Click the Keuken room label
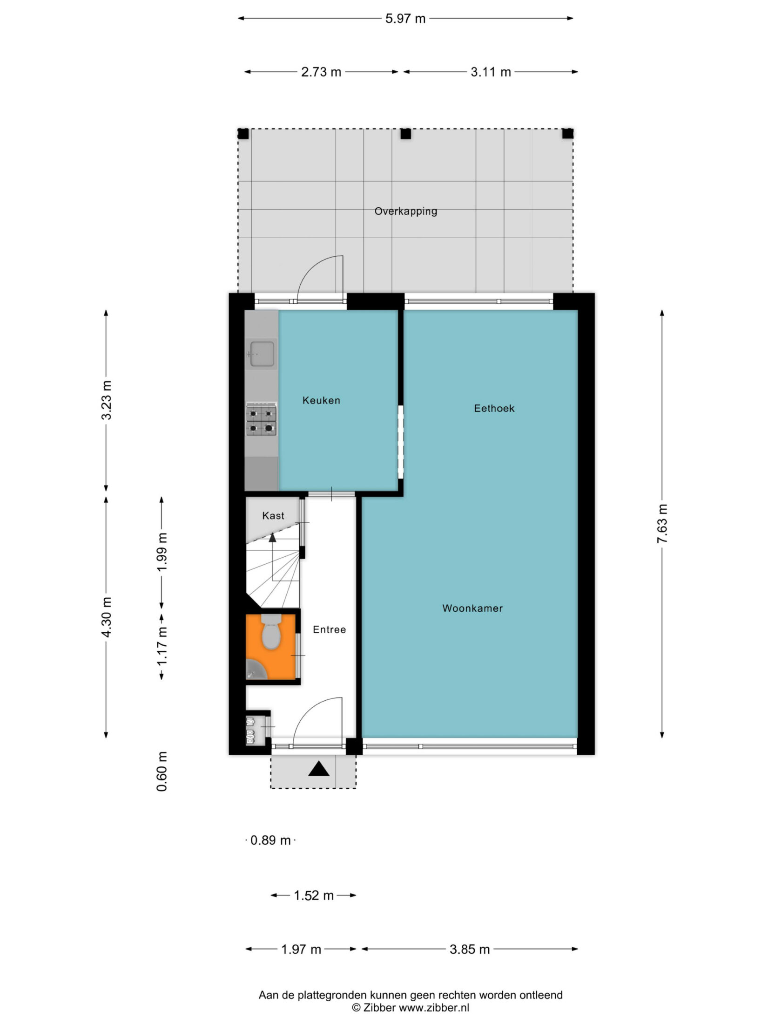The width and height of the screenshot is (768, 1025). coord(321,400)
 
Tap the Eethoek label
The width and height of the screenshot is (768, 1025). coord(494,408)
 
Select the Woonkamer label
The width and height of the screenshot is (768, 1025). coord(472,608)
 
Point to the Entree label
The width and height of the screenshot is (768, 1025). coord(329,629)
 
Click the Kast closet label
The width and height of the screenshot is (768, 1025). coord(273,516)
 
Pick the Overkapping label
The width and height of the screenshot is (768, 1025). coord(406,211)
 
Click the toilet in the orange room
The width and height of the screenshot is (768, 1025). coord(271,632)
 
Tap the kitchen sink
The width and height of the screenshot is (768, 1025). coord(262,354)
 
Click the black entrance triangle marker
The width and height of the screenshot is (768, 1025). coord(319,769)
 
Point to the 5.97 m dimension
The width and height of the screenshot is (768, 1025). coord(405,19)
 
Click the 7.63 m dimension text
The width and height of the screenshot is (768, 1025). coord(662,524)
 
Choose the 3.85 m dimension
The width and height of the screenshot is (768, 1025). coord(470,949)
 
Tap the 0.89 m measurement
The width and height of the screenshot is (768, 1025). coord(270,840)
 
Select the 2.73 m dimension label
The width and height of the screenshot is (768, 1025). coord(321,72)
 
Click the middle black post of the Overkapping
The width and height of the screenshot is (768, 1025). coord(406,134)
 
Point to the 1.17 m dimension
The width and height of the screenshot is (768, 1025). coord(162,647)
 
